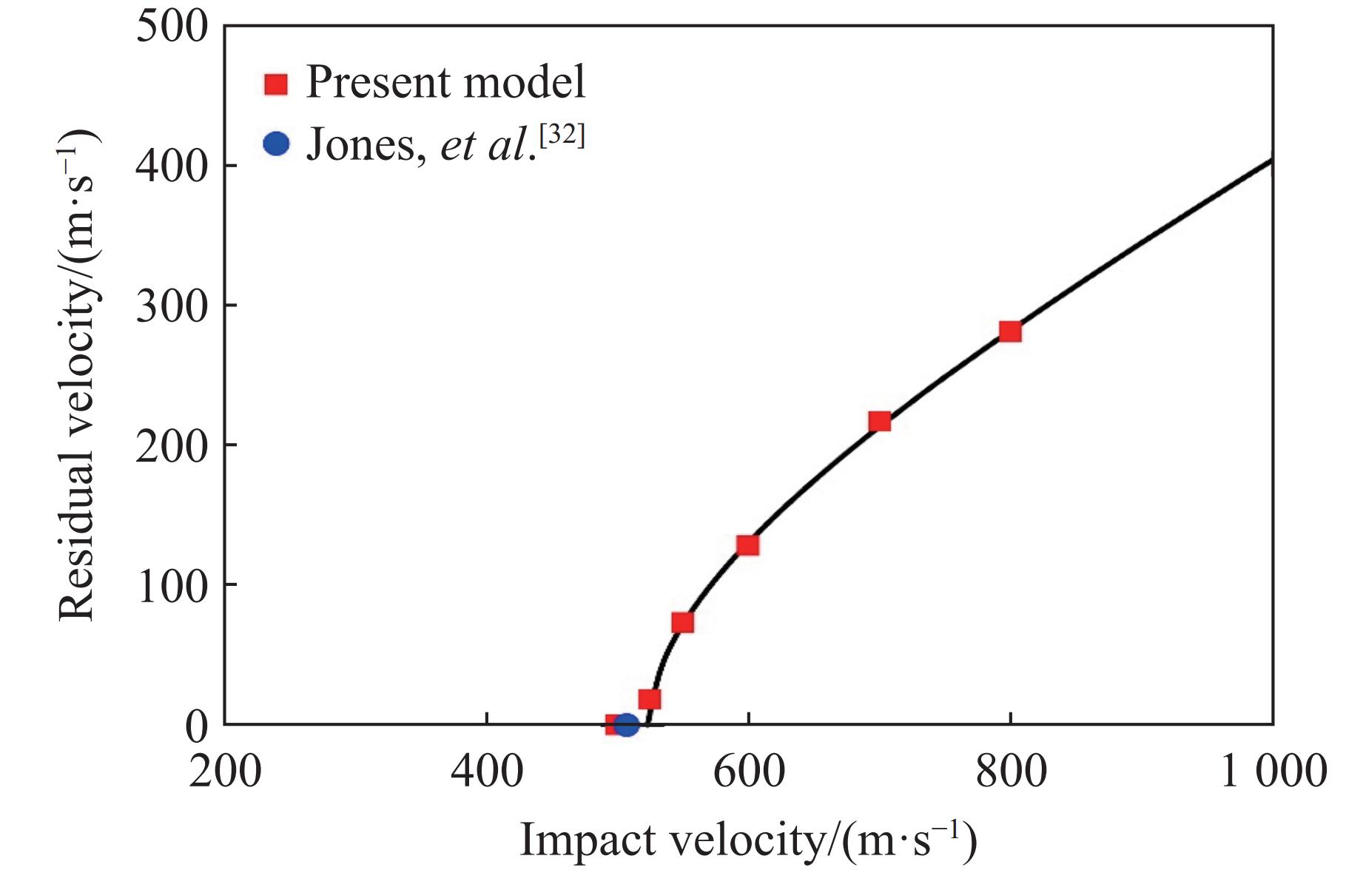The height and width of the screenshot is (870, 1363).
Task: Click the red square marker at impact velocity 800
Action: pyautogui.click(x=1010, y=331)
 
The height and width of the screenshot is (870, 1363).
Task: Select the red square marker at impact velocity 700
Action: pyautogui.click(x=879, y=422)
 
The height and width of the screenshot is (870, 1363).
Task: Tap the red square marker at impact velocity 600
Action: pyautogui.click(x=748, y=545)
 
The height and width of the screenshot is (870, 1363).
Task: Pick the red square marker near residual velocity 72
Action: pyautogui.click(x=682, y=623)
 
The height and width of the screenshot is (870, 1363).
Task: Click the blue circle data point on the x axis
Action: pyautogui.click(x=626, y=725)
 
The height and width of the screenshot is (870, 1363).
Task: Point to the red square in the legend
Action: pyautogui.click(x=276, y=84)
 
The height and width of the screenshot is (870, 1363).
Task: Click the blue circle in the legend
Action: pyautogui.click(x=276, y=144)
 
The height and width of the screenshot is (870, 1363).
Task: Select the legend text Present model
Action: pyautogui.click(x=445, y=82)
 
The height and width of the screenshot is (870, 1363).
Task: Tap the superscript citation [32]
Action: pyautogui.click(x=562, y=135)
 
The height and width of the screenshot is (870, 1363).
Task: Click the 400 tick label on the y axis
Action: pyautogui.click(x=172, y=167)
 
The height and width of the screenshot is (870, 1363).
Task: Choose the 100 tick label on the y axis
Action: pyautogui.click(x=172, y=586)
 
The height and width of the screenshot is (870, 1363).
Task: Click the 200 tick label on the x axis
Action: pyautogui.click(x=225, y=772)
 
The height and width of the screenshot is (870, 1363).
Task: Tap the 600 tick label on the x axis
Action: pyautogui.click(x=749, y=772)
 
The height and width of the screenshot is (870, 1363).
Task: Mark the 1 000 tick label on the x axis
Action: pyautogui.click(x=1273, y=772)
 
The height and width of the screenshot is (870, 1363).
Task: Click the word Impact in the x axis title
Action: pyautogui.click(x=587, y=840)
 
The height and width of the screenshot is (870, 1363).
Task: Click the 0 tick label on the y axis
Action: pyautogui.click(x=197, y=726)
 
